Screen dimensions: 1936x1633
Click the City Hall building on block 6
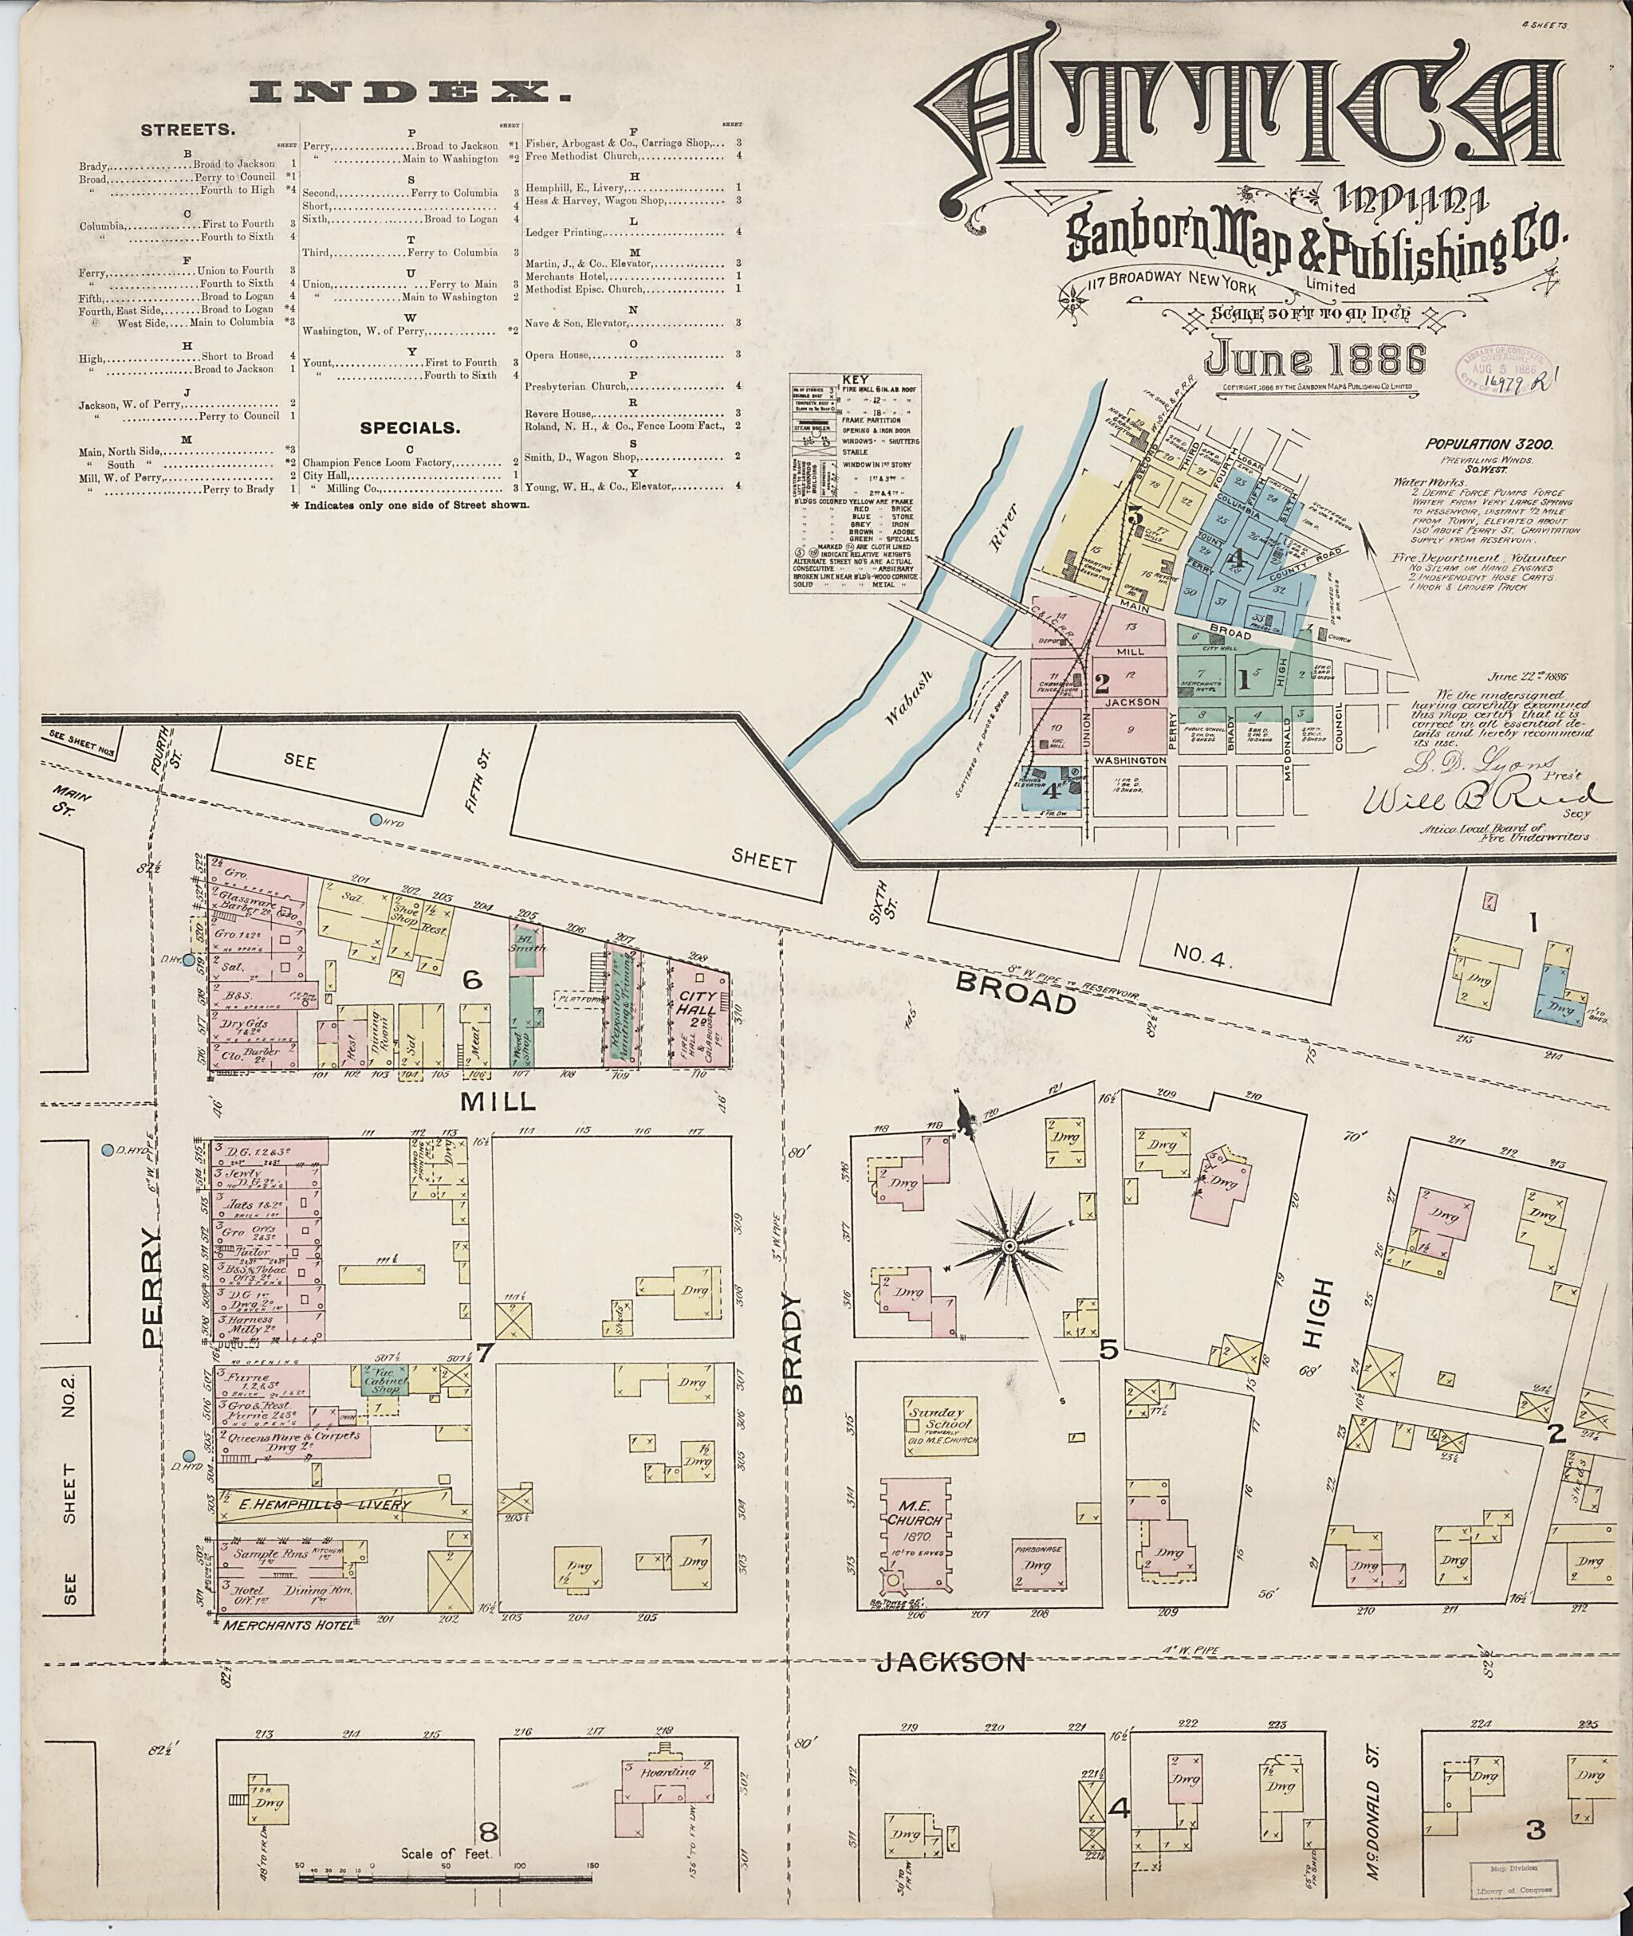point(700,1018)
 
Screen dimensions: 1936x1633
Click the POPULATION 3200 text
point(1489,443)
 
